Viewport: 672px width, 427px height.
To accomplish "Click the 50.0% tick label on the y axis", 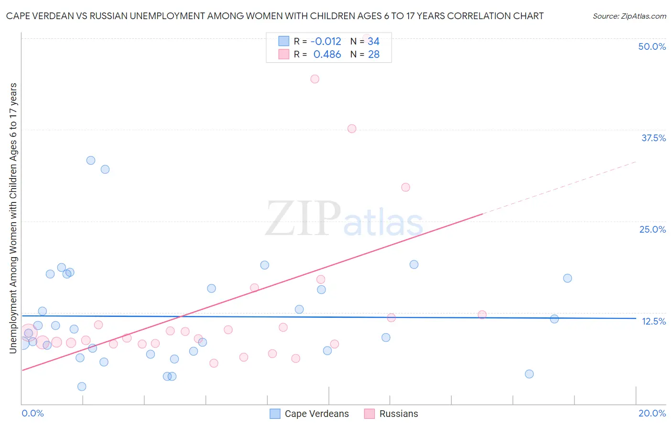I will pos(652,46).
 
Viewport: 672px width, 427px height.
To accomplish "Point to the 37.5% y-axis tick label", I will pos(653,138).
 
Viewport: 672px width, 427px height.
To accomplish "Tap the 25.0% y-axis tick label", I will pos(652,229).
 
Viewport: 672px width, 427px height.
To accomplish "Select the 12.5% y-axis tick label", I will pos(653,321).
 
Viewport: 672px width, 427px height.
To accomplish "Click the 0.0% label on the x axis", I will pos(33,413).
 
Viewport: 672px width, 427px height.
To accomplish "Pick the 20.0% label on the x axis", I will pos(652,413).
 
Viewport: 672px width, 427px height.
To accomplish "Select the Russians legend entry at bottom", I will pos(398,414).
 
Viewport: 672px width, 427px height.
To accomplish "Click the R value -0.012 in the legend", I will pos(325,42).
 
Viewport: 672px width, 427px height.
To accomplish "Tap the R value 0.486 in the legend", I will pos(327,55).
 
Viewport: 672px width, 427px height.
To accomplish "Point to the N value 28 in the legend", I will pos(373,55).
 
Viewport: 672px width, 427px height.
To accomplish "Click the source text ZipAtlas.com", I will pos(629,16).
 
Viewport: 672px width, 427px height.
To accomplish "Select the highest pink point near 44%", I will pos(314,79).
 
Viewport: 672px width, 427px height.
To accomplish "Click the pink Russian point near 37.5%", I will pos(352,128).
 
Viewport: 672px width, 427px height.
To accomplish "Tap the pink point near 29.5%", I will pos(406,187).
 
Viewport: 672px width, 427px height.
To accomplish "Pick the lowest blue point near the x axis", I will pos(82,386).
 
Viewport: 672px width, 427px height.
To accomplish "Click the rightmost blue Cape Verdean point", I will pos(567,278).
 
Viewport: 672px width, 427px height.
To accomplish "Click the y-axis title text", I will pos(13,218).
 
